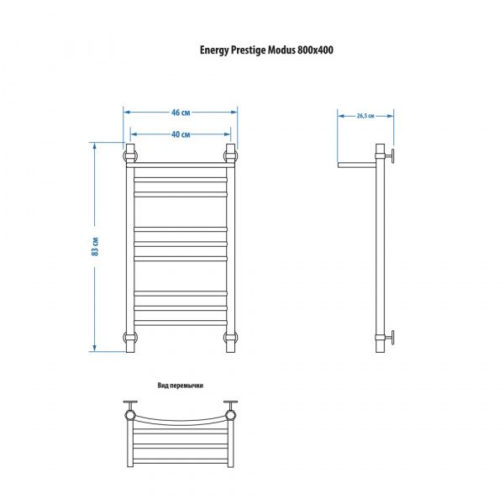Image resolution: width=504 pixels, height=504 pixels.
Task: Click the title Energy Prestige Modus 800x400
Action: (x=266, y=50)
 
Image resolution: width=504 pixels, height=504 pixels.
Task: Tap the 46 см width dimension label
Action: (x=181, y=113)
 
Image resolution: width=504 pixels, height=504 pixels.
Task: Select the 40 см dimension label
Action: (x=181, y=134)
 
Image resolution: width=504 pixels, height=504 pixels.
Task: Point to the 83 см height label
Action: (x=95, y=246)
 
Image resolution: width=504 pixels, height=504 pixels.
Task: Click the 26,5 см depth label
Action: (x=365, y=116)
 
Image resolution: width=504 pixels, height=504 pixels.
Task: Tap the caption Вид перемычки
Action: (x=181, y=386)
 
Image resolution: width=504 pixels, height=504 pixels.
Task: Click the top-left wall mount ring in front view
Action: (x=130, y=156)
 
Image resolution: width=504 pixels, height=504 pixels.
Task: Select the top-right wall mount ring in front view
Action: (x=231, y=156)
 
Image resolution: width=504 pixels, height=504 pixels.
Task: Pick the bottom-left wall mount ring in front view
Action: (x=130, y=338)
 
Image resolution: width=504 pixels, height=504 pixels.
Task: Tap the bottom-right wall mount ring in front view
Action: (x=231, y=338)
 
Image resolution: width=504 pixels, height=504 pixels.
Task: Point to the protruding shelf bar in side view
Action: (x=357, y=165)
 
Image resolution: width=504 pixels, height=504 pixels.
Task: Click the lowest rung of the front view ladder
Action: (x=181, y=323)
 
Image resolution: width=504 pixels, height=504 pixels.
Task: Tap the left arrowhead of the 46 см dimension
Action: (x=127, y=113)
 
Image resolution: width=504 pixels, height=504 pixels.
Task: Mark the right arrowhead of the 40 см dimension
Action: (x=228, y=134)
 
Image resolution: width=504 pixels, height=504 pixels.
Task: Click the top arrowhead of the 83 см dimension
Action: (x=94, y=146)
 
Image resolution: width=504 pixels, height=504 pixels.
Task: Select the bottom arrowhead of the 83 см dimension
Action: (x=94, y=348)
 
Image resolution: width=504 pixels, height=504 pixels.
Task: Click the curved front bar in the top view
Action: (x=181, y=423)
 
